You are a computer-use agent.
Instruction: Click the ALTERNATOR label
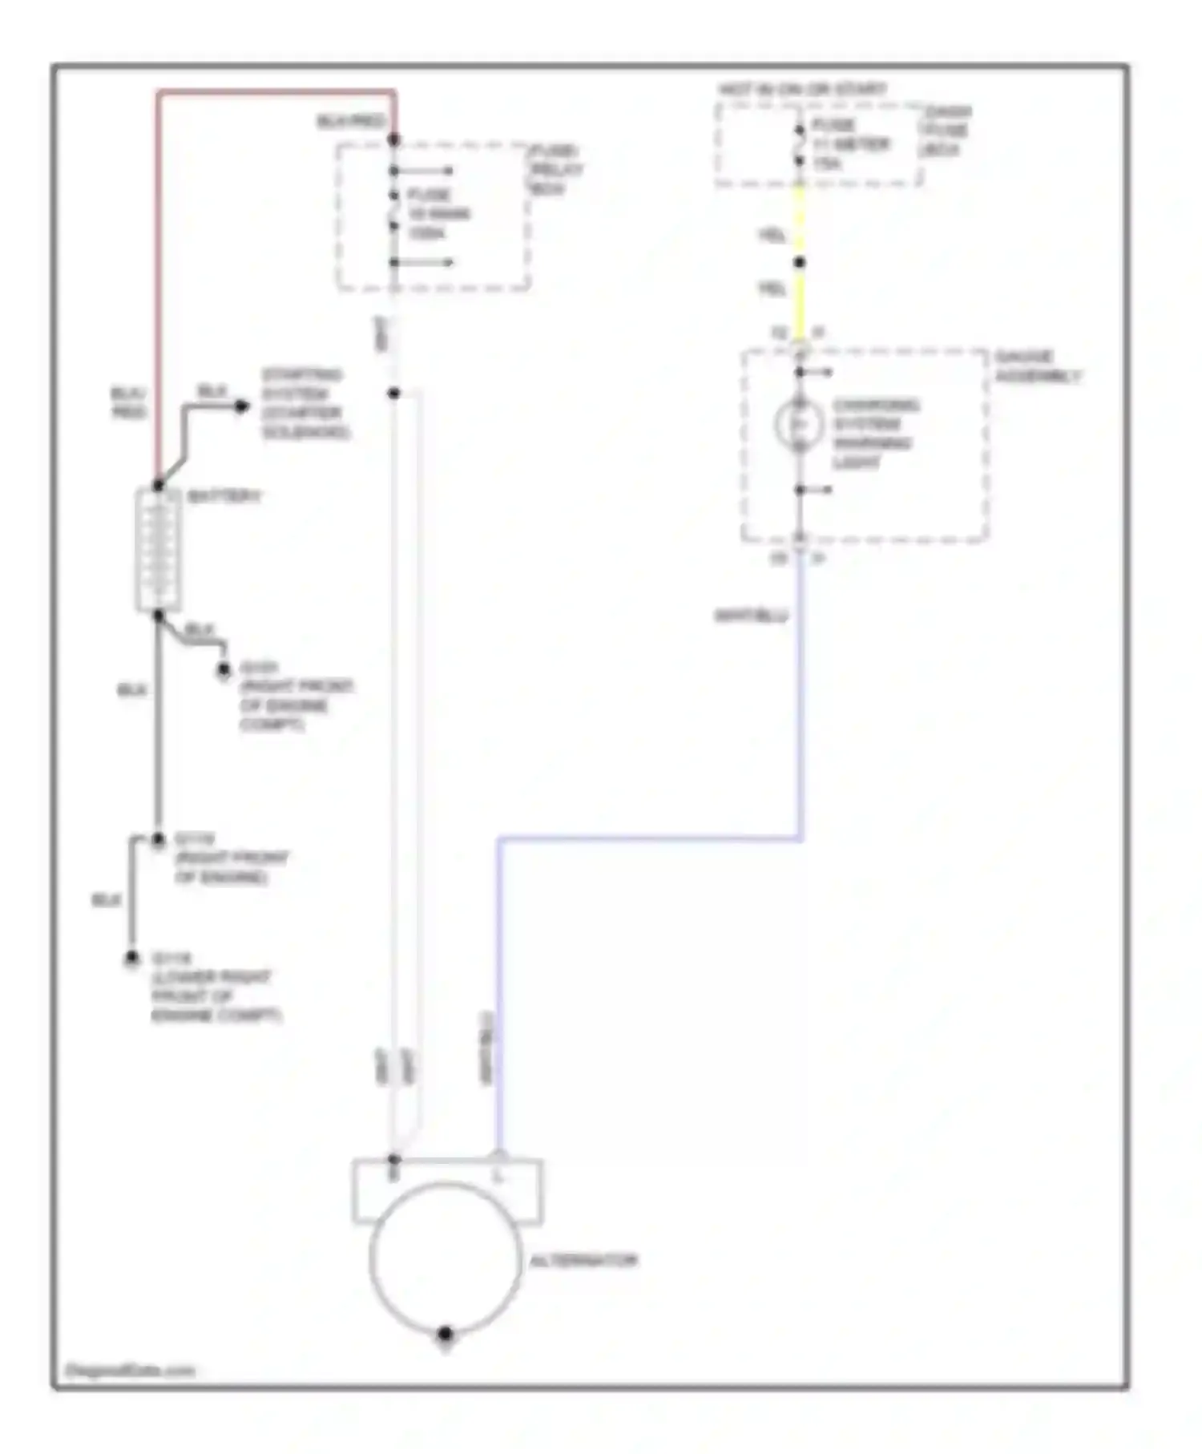click(x=583, y=1261)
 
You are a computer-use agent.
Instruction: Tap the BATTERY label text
click(x=224, y=497)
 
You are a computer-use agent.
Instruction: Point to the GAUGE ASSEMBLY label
click(x=1037, y=366)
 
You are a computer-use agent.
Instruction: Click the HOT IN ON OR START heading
click(x=802, y=89)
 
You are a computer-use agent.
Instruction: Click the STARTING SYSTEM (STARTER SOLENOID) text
click(x=304, y=403)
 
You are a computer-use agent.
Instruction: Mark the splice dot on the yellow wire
click(x=799, y=262)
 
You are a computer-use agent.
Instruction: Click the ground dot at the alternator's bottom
click(x=446, y=1334)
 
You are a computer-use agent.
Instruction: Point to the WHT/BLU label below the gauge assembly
click(x=751, y=616)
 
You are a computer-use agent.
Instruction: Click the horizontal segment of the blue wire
click(x=649, y=839)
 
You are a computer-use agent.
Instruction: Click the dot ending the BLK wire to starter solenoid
click(x=241, y=406)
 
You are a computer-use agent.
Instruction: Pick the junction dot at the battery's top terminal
click(x=158, y=486)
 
